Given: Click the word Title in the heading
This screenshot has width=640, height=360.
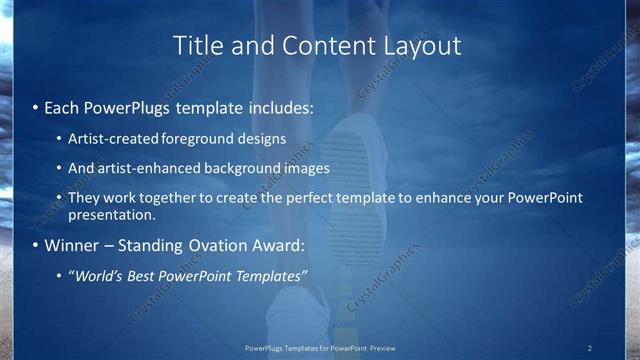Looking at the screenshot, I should click(x=196, y=46).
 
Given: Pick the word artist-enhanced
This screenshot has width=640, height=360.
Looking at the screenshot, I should click(x=142, y=168).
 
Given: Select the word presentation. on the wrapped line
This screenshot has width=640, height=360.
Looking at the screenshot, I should click(x=112, y=214).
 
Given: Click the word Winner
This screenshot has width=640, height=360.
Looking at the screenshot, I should click(x=71, y=245).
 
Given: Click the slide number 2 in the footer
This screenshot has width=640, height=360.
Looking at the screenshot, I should click(x=589, y=348).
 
